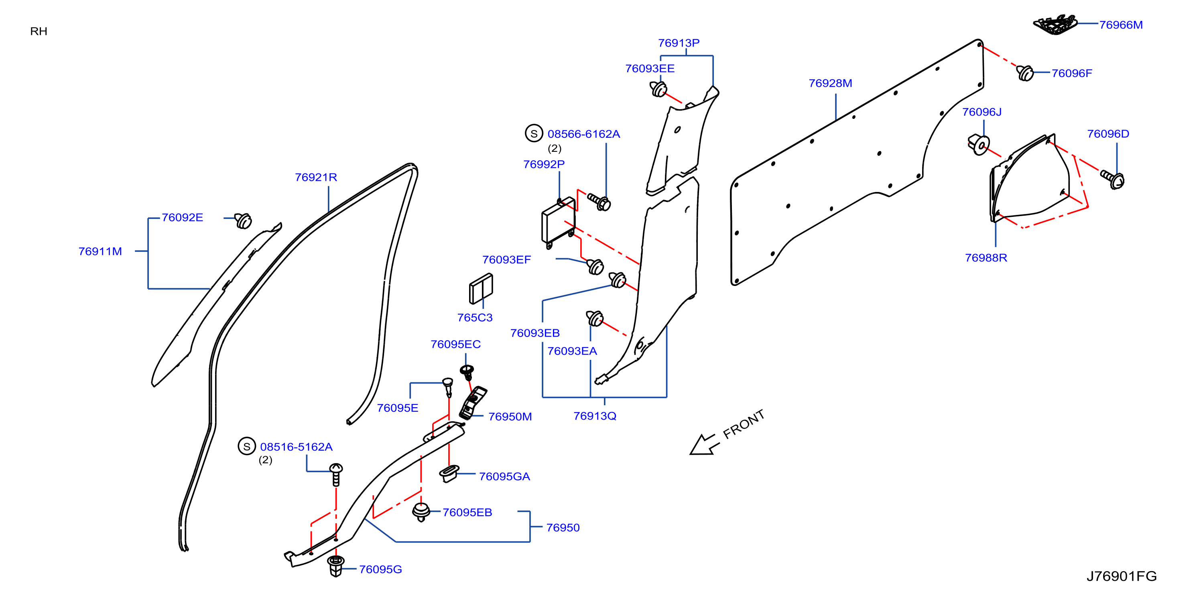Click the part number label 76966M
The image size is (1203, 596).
tap(1121, 25)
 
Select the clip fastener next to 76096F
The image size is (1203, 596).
tap(1025, 73)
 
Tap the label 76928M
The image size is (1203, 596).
tap(830, 83)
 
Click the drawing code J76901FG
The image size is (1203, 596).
tap(1121, 576)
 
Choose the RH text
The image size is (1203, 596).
tap(39, 31)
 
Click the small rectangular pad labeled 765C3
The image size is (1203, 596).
tap(481, 289)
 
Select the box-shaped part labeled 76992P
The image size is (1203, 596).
tap(559, 222)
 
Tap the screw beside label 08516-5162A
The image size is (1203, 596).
tap(336, 474)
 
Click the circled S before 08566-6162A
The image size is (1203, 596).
tap(534, 133)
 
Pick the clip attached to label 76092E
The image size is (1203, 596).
tap(243, 220)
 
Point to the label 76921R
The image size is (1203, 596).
tap(316, 177)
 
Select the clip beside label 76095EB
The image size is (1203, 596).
tap(421, 512)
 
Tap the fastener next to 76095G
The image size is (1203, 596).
tap(336, 566)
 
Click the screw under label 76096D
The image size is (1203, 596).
tap(1112, 179)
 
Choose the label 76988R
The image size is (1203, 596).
tap(986, 257)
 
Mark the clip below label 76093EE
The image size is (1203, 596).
tap(658, 89)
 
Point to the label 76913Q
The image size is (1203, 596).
tap(595, 416)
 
